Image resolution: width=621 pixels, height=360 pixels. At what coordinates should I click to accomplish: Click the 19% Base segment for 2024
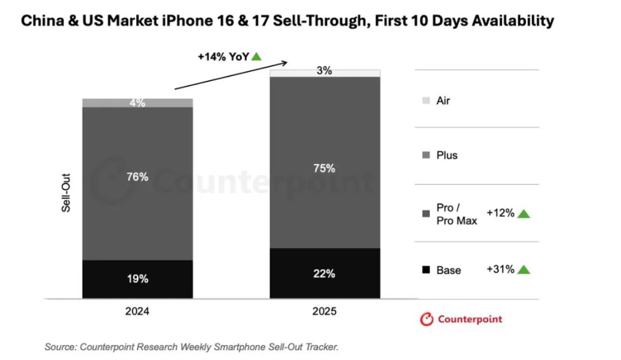pyautogui.click(x=137, y=279)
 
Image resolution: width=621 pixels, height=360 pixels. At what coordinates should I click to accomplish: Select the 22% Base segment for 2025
pyautogui.click(x=325, y=273)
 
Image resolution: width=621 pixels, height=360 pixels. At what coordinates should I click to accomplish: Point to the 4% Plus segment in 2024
pyautogui.click(x=137, y=103)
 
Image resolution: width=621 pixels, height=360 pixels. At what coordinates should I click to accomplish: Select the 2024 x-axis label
pyautogui.click(x=137, y=312)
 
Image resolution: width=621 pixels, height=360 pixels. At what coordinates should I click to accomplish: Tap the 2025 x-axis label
pyautogui.click(x=325, y=312)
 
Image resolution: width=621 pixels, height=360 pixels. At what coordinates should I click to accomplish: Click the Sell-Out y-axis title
pyautogui.click(x=66, y=197)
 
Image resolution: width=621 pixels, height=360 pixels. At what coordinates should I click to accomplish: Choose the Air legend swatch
pyautogui.click(x=425, y=101)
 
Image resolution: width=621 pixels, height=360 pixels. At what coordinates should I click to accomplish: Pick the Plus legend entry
pyautogui.click(x=447, y=155)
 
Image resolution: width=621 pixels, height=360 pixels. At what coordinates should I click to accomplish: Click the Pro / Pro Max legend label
pyautogui.click(x=457, y=214)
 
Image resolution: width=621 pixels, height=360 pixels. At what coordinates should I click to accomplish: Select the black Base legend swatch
pyautogui.click(x=425, y=270)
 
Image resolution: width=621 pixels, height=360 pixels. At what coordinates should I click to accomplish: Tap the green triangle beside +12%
pyautogui.click(x=523, y=214)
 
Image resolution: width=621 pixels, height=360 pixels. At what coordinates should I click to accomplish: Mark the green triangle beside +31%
pyautogui.click(x=523, y=269)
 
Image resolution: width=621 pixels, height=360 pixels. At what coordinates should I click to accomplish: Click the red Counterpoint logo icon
pyautogui.click(x=427, y=319)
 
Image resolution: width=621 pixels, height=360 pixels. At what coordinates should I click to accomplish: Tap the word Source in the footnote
pyautogui.click(x=59, y=347)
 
